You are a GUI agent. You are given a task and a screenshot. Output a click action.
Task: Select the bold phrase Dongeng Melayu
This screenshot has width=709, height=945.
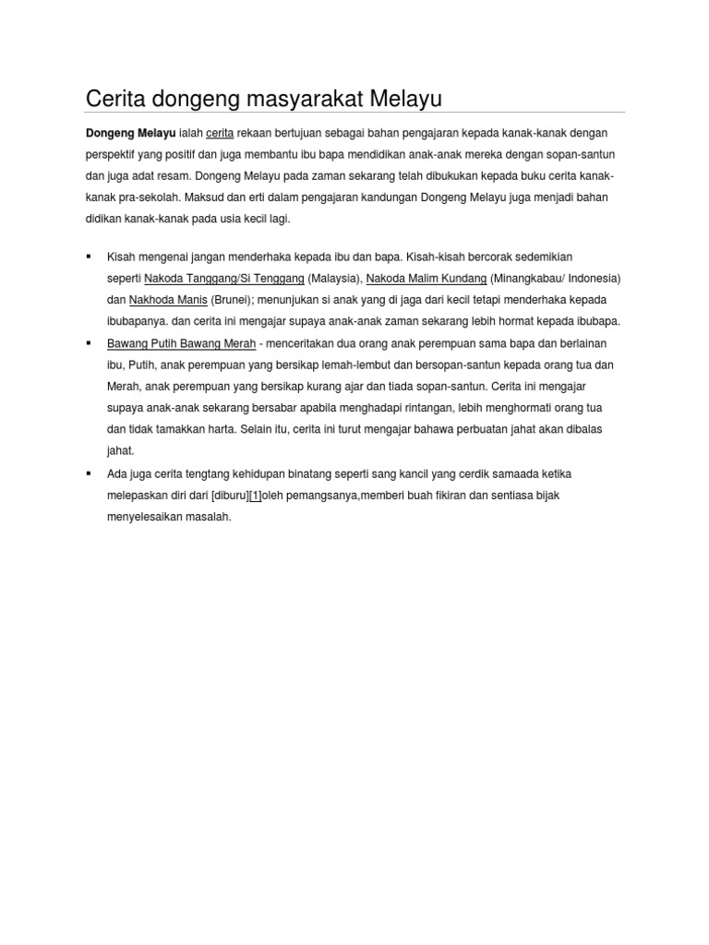[130, 133]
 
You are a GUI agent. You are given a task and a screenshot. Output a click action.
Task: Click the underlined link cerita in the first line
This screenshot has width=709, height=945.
[220, 133]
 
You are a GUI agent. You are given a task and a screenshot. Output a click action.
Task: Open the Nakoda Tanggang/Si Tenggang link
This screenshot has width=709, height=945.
[224, 278]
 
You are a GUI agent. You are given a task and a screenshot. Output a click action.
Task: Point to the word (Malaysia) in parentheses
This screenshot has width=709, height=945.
[334, 278]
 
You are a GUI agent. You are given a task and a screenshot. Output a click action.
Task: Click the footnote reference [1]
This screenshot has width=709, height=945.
[256, 496]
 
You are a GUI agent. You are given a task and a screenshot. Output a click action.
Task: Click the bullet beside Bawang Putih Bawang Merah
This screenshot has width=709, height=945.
[89, 343]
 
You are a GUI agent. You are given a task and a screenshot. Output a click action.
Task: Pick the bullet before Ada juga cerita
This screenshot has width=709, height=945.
[89, 473]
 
